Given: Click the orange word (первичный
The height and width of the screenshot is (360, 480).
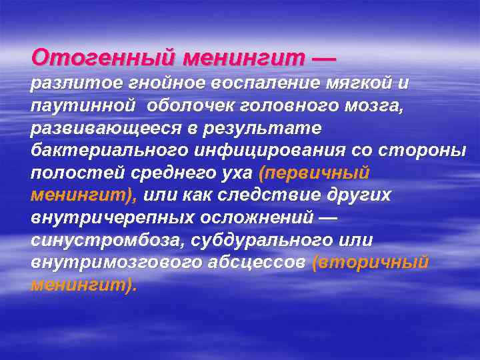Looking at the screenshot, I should coord(313,173).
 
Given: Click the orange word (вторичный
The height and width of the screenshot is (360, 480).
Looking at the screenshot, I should coord(369,263).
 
